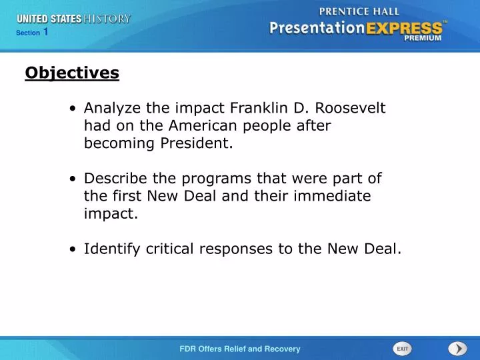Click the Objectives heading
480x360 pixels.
tap(72, 73)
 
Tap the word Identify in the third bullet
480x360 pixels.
tap(110, 249)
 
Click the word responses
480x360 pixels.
tap(243, 249)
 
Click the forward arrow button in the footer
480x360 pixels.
tap(457, 349)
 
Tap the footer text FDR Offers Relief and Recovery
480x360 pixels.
tap(240, 349)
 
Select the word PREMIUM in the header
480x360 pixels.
tap(423, 38)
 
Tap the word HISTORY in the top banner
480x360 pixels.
tap(107, 19)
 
